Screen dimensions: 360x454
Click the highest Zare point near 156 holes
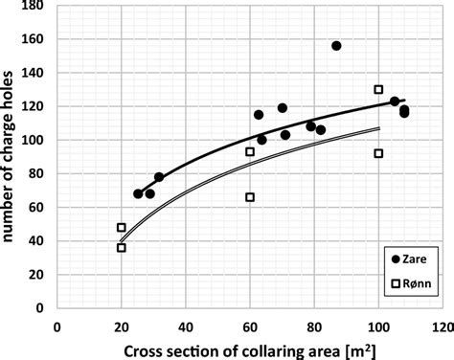pyautogui.click(x=336, y=46)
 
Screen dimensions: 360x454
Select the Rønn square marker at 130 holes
pyautogui.click(x=378, y=90)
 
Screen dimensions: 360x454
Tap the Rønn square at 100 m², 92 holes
pyautogui.click(x=378, y=153)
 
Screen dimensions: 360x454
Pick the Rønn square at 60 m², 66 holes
pyautogui.click(x=250, y=197)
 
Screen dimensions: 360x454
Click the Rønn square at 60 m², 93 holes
pyautogui.click(x=250, y=151)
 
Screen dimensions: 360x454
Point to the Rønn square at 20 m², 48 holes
pyautogui.click(x=122, y=228)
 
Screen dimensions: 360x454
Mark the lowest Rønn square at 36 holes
pyautogui.click(x=122, y=248)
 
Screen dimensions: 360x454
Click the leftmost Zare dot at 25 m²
pyautogui.click(x=138, y=193)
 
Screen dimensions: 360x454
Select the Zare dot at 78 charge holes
pyautogui.click(x=159, y=177)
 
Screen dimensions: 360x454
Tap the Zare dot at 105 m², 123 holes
pyautogui.click(x=395, y=101)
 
